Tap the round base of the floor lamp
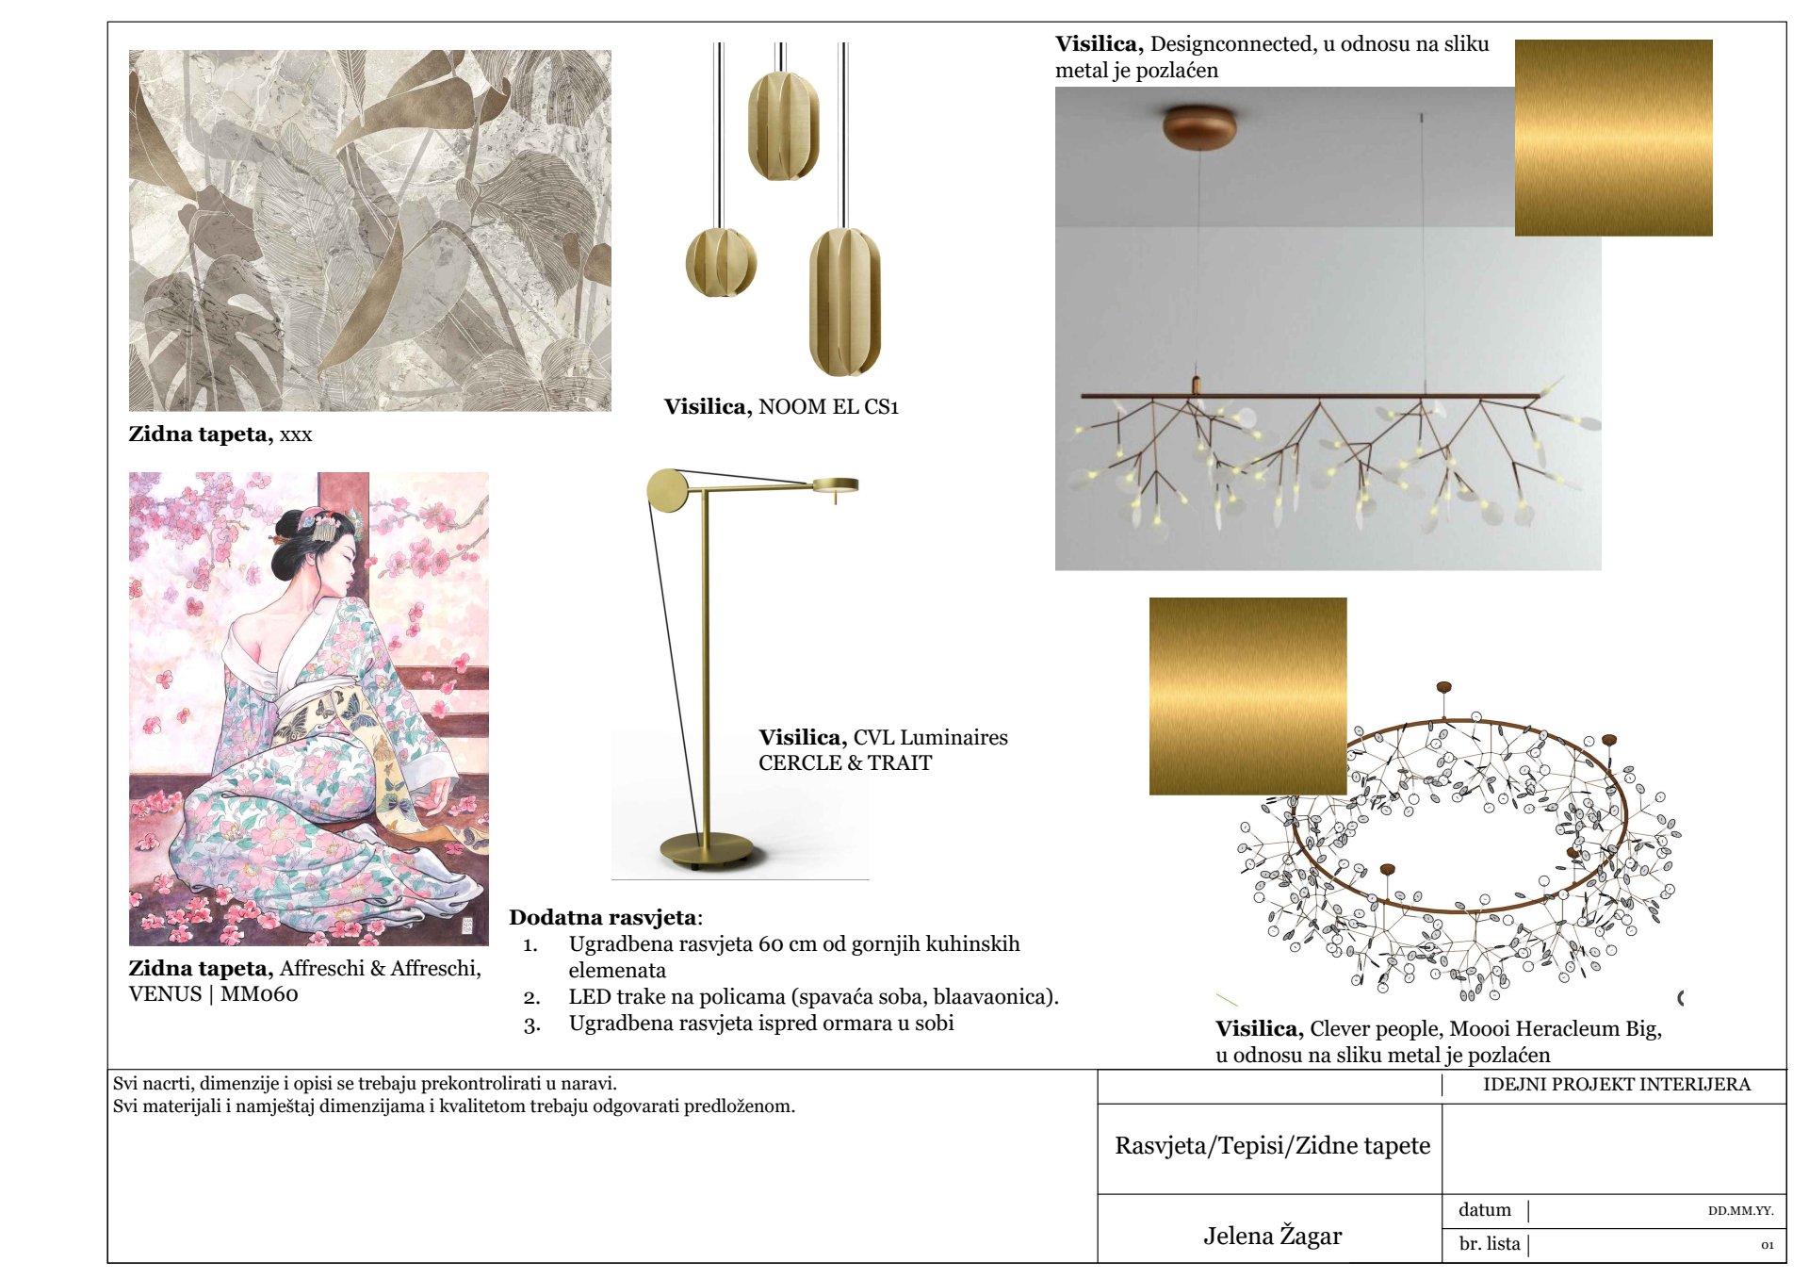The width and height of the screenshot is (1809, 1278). click(707, 850)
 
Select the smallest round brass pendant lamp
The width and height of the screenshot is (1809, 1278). click(721, 262)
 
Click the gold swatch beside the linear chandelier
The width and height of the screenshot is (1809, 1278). click(1613, 138)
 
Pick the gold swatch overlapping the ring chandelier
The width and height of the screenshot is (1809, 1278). click(1247, 696)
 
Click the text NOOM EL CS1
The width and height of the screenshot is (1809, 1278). click(828, 407)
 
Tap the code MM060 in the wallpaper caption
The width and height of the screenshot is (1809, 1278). click(259, 994)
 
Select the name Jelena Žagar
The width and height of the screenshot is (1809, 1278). click(1272, 1236)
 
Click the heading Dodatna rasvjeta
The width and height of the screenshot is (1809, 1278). click(603, 917)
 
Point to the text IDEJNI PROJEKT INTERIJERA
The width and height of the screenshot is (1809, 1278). click(1617, 1084)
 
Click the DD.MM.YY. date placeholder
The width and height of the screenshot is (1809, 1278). click(1740, 1211)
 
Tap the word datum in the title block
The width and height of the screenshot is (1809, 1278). click(1485, 1210)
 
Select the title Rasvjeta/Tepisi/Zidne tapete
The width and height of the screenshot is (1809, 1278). click(1272, 1146)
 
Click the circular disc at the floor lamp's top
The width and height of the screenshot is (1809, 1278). click(668, 491)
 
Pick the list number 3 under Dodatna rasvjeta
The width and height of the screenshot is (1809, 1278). click(531, 1024)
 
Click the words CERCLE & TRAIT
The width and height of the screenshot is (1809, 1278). click(845, 763)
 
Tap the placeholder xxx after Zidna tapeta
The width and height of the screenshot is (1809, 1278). click(296, 435)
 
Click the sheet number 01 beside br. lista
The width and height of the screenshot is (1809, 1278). click(1768, 1245)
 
